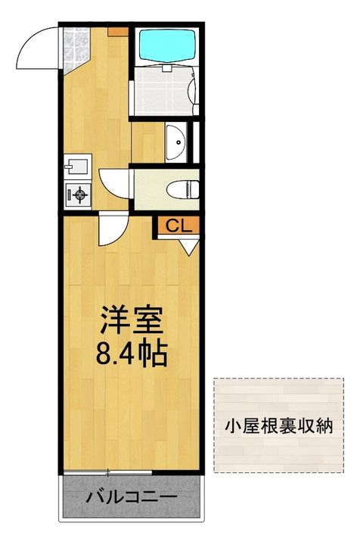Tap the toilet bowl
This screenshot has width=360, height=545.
pos(182,190)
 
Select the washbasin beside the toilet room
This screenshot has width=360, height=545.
pos(176,142)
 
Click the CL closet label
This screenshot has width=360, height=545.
pos(178,226)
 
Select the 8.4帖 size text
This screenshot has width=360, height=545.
pos(132,353)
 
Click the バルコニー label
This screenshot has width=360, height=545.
pos(132,497)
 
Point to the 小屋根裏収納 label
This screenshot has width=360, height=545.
pos(279,425)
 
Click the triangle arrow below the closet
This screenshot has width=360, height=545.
pos(189,248)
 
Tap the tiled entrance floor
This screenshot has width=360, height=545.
pos(76,48)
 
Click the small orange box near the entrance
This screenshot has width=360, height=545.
pos(118,32)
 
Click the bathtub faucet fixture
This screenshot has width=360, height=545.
pos(167,68)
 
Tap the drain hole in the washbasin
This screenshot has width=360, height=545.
pos(178,142)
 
